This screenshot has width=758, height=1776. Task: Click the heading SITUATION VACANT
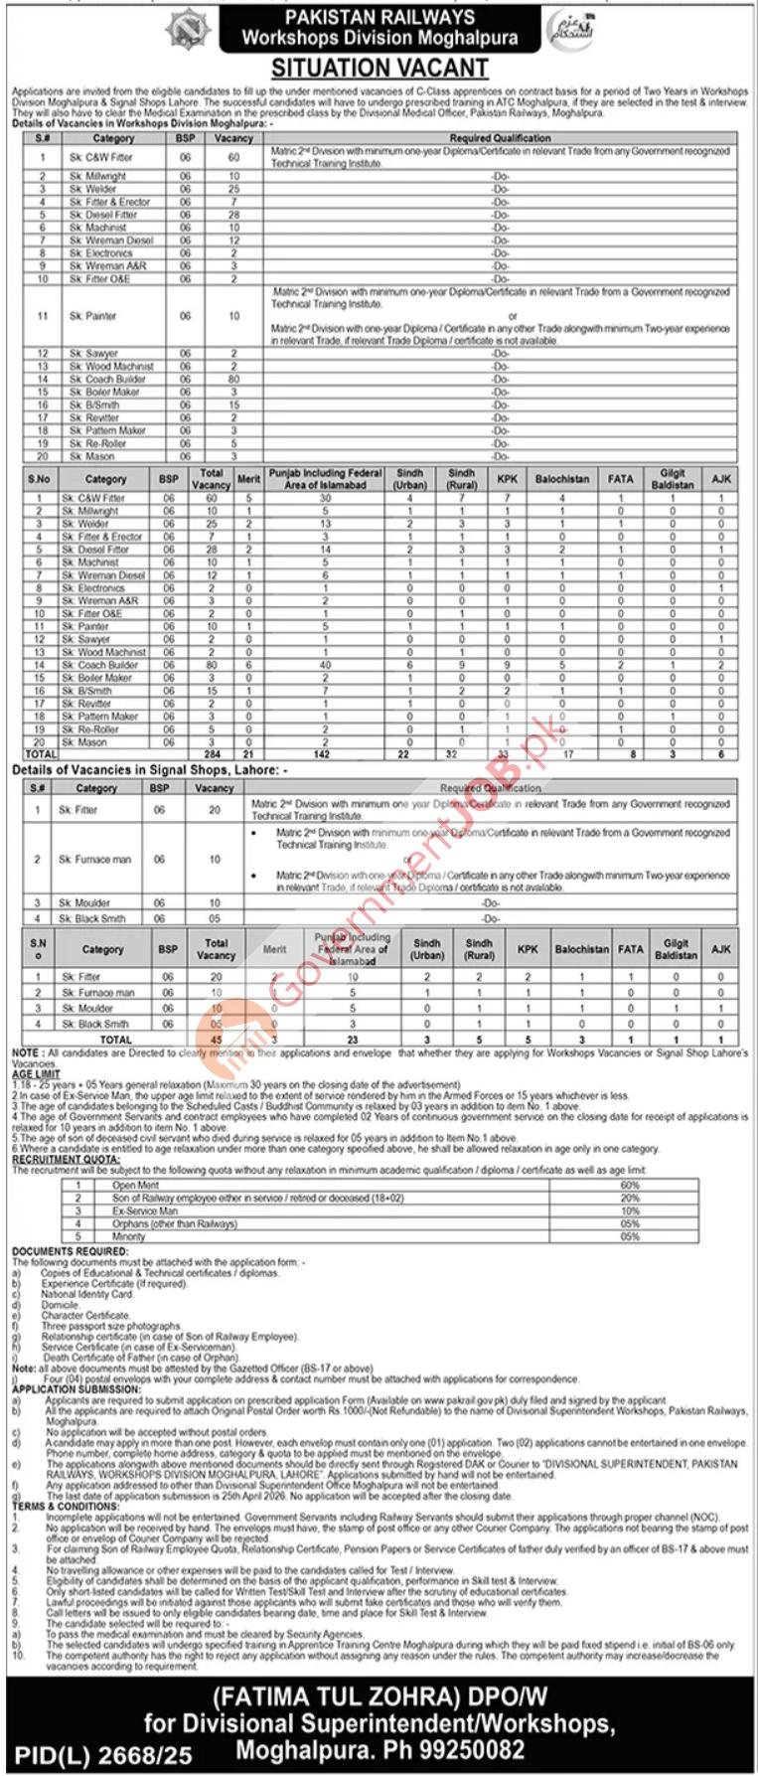tap(380, 69)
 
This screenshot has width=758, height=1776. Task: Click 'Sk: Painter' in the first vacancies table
tap(93, 316)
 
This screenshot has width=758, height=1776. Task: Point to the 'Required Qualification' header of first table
tap(500, 139)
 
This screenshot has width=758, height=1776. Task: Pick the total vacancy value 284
tap(210, 755)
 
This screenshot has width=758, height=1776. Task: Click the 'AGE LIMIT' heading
tap(36, 1074)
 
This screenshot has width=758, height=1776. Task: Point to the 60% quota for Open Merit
tap(630, 1186)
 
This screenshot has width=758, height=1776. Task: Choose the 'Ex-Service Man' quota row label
tap(145, 1211)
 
